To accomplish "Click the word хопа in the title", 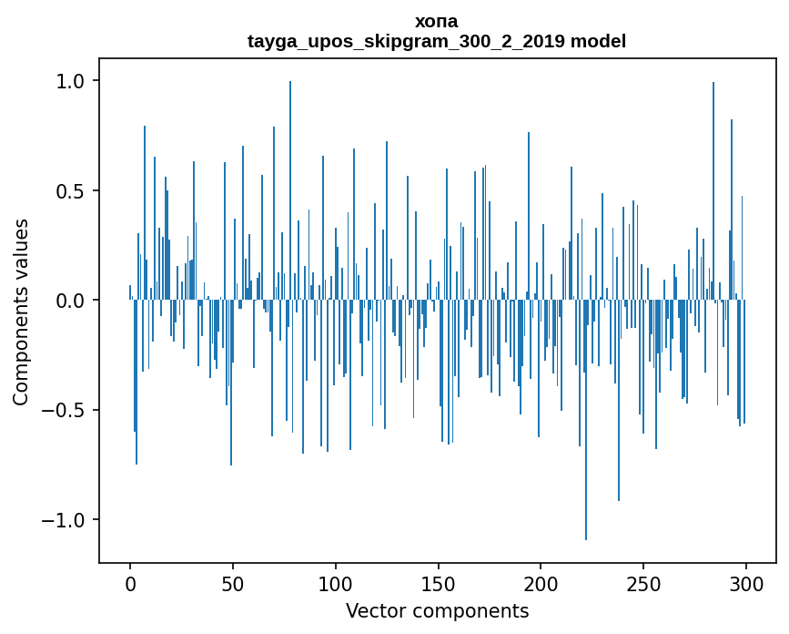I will point(436,21).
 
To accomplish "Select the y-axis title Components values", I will point(21,312).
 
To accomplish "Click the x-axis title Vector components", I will point(437,610).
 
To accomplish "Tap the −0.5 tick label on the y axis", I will point(66,410).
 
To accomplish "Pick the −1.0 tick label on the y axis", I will point(66,520).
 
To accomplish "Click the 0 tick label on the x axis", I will point(130,583).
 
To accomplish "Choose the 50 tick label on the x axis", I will point(233,583).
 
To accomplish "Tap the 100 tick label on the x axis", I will point(336,583).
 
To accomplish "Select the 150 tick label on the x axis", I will point(439,583).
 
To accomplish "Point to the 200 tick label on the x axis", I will point(541,583).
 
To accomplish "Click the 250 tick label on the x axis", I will point(644,583).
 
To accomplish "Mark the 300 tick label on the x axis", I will point(746,583).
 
